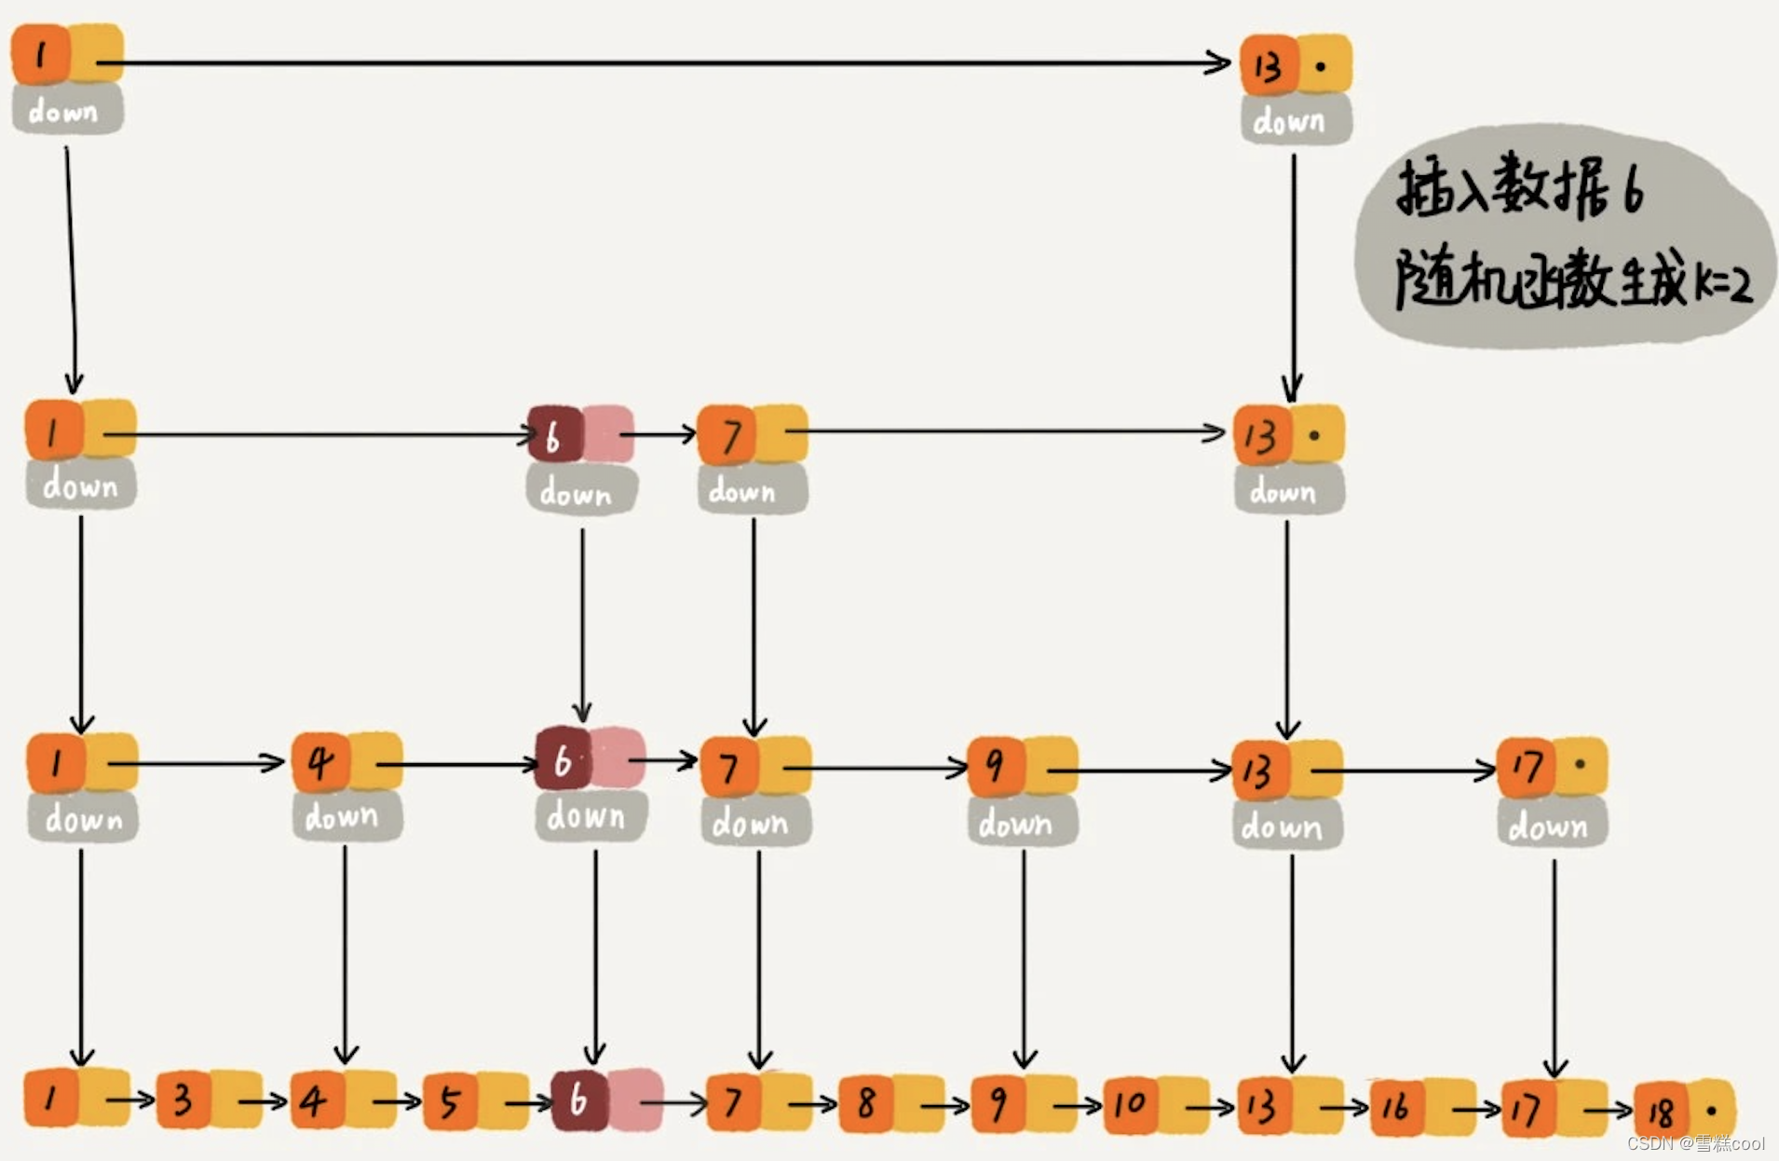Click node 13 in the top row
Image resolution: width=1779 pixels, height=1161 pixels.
pyautogui.click(x=1269, y=66)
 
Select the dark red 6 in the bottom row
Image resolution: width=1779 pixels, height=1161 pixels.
pyautogui.click(x=578, y=1100)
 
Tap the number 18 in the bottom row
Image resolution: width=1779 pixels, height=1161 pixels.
pyautogui.click(x=1661, y=1110)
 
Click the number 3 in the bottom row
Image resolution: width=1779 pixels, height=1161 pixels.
pyautogui.click(x=183, y=1100)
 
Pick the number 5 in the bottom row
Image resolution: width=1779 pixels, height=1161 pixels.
pyautogui.click(x=450, y=1102)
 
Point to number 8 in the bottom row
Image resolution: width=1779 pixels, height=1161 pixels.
pyautogui.click(x=865, y=1103)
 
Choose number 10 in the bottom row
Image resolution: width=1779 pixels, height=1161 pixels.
pyautogui.click(x=1130, y=1104)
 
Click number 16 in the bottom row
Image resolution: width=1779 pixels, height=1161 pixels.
pyautogui.click(x=1395, y=1106)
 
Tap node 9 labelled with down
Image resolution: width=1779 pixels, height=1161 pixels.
pyautogui.click(x=995, y=765)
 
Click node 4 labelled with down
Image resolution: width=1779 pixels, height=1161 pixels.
pyautogui.click(x=320, y=761)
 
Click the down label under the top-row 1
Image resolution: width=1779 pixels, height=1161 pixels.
pyautogui.click(x=63, y=112)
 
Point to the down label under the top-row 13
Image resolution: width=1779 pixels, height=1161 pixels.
pyautogui.click(x=1289, y=121)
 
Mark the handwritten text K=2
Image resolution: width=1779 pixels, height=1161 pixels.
pyautogui.click(x=1722, y=281)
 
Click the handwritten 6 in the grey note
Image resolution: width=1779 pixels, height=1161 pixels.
pyautogui.click(x=1633, y=189)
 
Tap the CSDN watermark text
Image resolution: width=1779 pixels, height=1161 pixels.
pyautogui.click(x=1695, y=1143)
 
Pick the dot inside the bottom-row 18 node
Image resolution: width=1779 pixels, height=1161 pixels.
pyautogui.click(x=1711, y=1111)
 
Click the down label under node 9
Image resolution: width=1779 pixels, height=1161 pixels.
pyautogui.click(x=1015, y=824)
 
